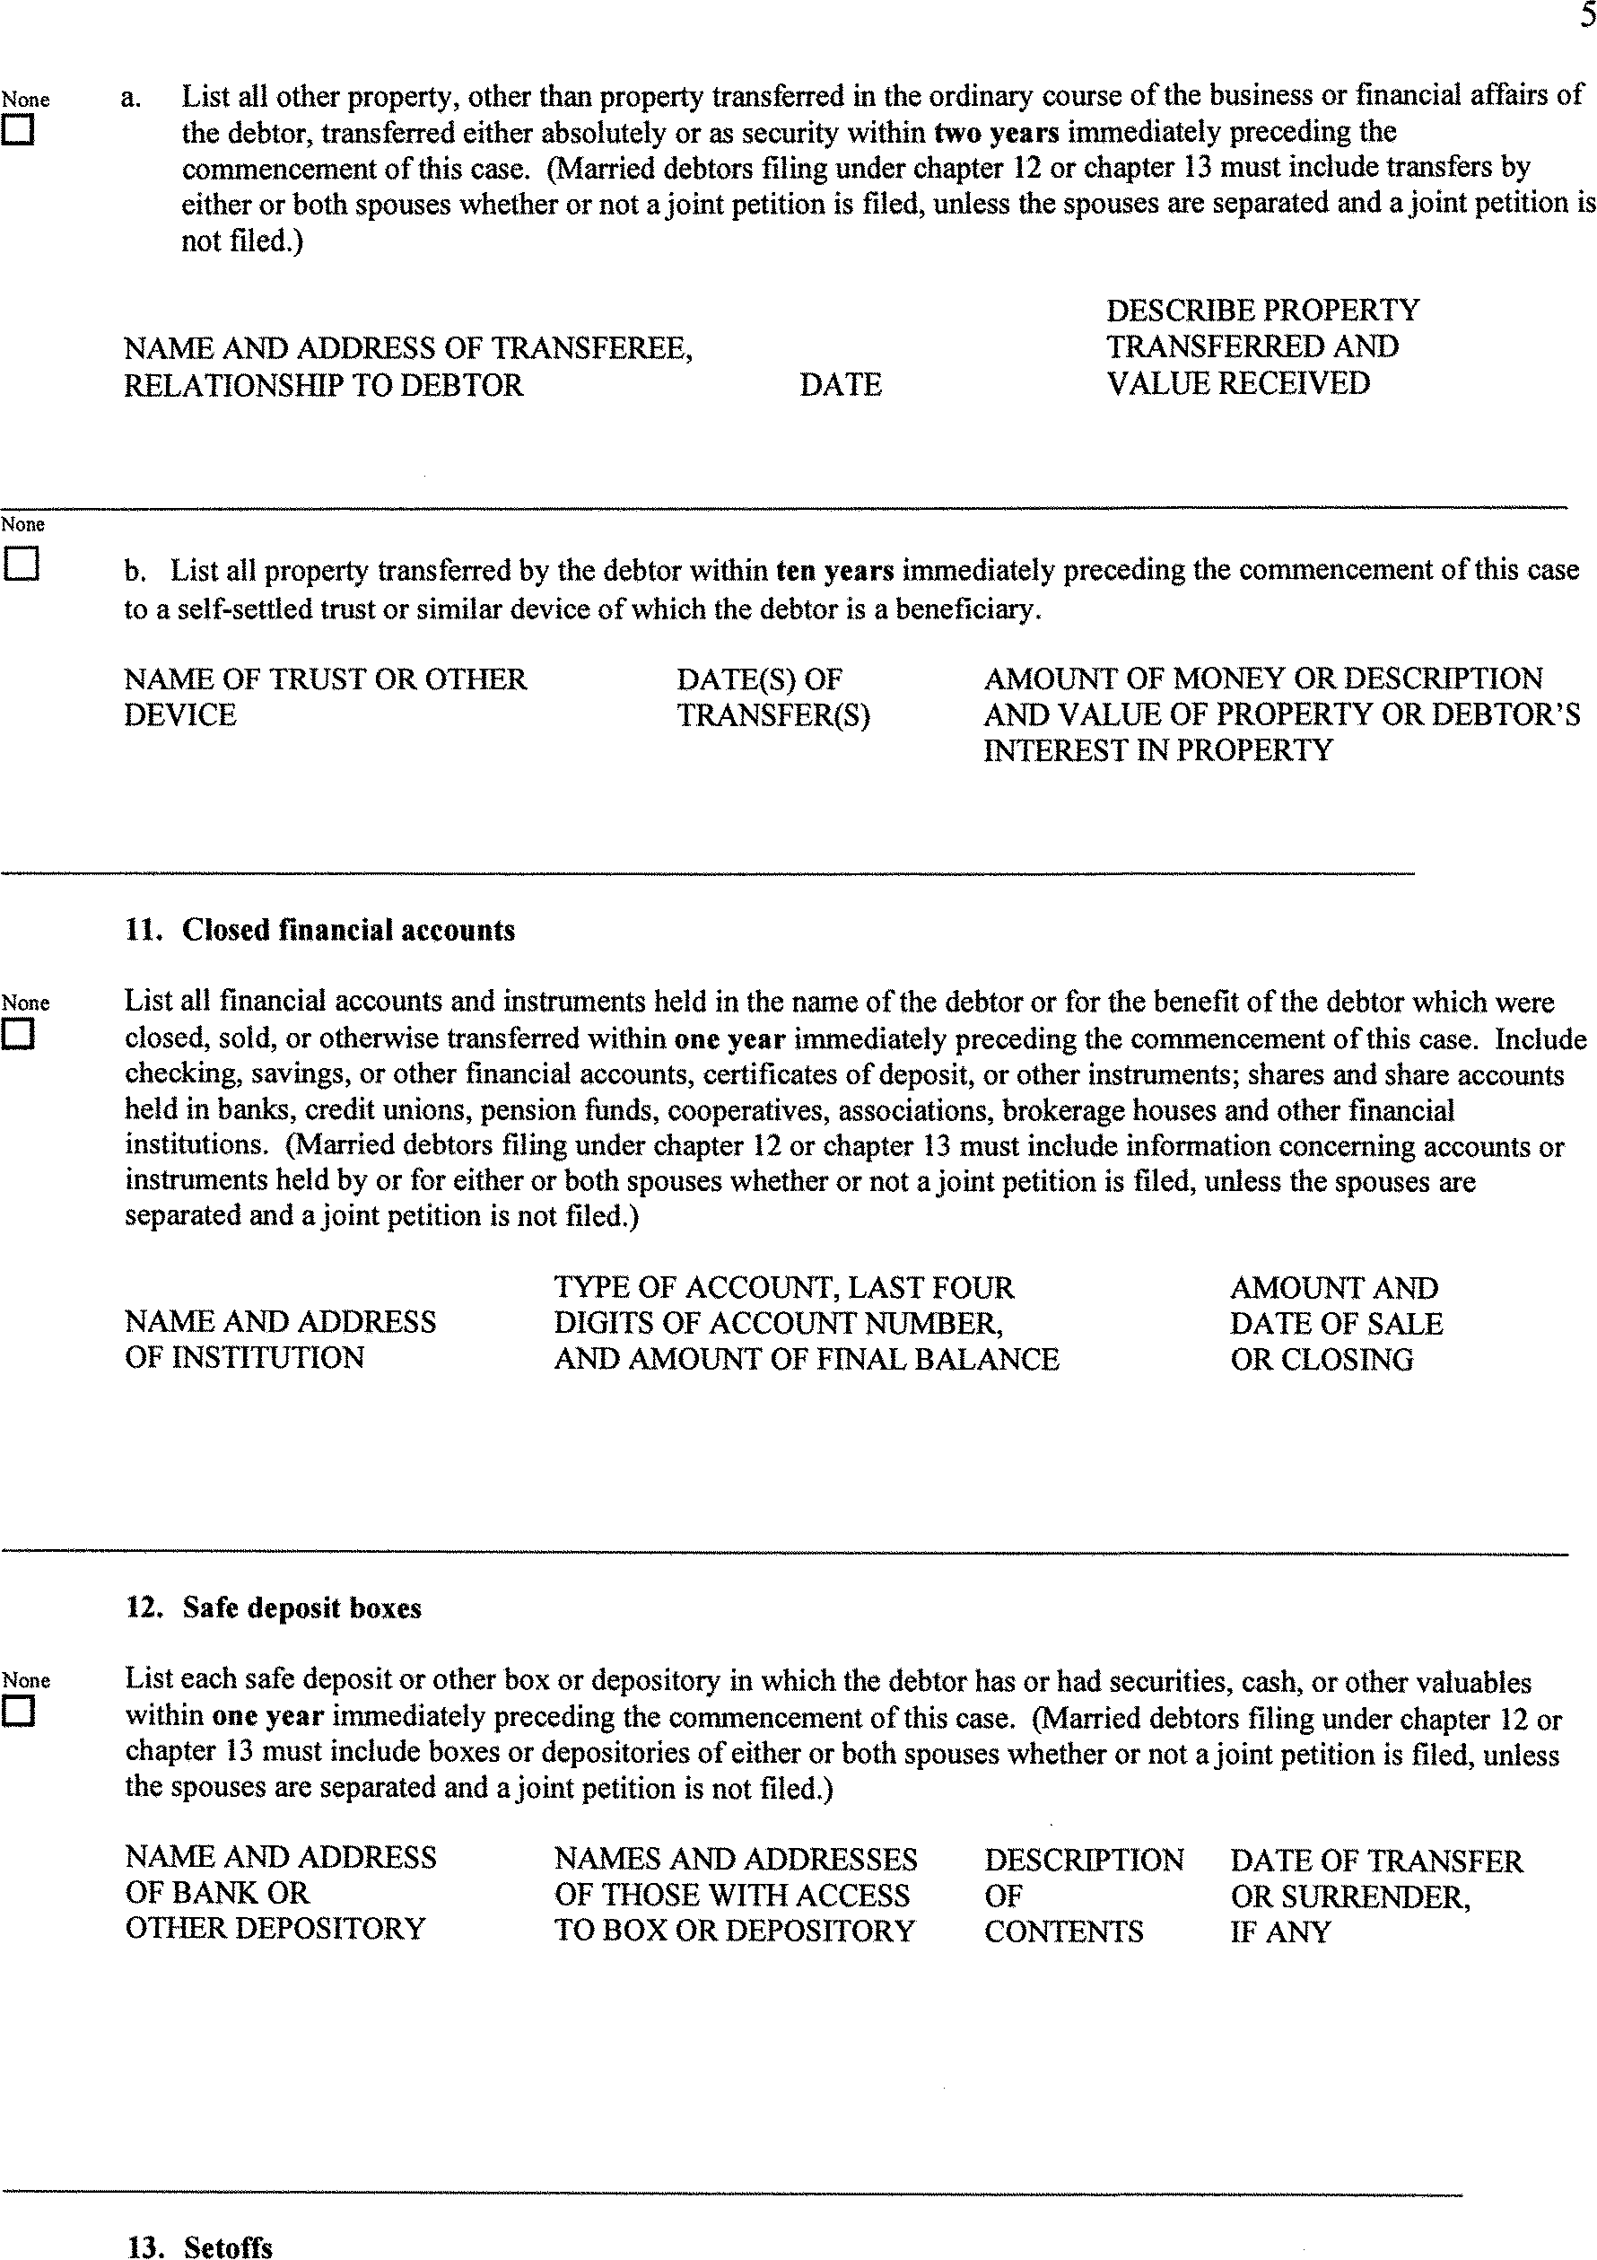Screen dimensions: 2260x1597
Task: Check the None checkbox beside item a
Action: point(18,131)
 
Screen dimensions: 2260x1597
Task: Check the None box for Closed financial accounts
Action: point(18,1035)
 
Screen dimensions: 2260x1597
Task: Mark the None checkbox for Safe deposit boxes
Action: point(18,1712)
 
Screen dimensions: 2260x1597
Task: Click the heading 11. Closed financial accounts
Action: point(319,930)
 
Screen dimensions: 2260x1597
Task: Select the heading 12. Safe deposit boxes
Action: point(274,1607)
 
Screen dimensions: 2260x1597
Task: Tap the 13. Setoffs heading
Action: point(200,2246)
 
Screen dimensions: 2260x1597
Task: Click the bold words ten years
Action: point(834,570)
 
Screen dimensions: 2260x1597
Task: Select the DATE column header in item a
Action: point(841,384)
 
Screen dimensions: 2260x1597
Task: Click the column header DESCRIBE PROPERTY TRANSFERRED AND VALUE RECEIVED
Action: point(1261,346)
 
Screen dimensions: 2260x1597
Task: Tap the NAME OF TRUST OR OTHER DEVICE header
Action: point(325,696)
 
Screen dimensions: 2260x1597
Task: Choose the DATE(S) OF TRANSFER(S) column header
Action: point(772,696)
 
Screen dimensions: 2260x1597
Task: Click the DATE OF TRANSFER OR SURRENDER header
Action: point(1375,1895)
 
